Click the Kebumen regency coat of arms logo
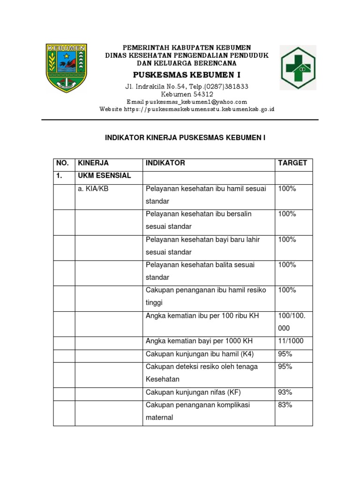click(66, 67)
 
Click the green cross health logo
click(298, 67)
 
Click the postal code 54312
click(201, 94)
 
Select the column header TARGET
click(292, 163)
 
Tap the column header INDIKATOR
click(165, 163)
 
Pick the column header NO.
click(62, 163)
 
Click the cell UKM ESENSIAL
click(105, 176)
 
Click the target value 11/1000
click(291, 341)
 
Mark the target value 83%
click(285, 405)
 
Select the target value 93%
click(285, 392)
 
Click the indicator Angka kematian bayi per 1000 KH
click(199, 341)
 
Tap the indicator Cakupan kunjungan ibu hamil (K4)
click(200, 353)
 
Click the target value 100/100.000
click(292, 322)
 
